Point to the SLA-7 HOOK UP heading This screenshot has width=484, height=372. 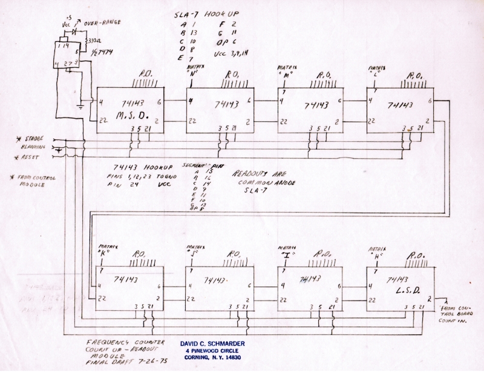point(214,12)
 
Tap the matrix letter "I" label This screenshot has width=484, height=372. point(285,255)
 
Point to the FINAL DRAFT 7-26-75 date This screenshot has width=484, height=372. point(114,362)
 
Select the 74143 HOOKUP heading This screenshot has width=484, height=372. point(143,167)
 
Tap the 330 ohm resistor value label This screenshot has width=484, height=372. point(94,41)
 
